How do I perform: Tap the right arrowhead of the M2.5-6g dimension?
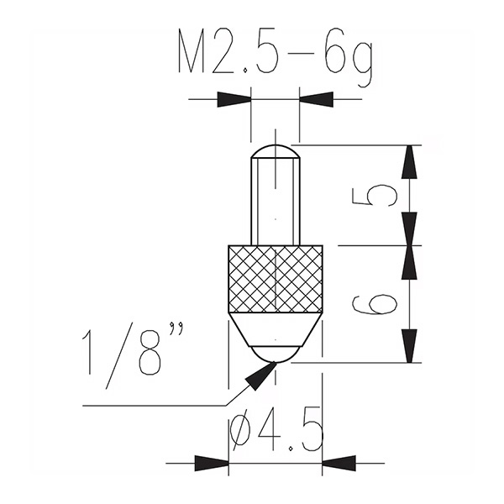(x=316, y=100)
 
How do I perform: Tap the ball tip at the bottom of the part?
(x=276, y=354)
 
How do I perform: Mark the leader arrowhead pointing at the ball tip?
(x=260, y=376)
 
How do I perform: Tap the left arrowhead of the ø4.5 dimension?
(x=211, y=463)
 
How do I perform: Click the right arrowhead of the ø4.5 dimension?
(x=339, y=463)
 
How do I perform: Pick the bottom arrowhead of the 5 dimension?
(x=409, y=228)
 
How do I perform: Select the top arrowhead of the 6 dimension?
(x=409, y=262)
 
